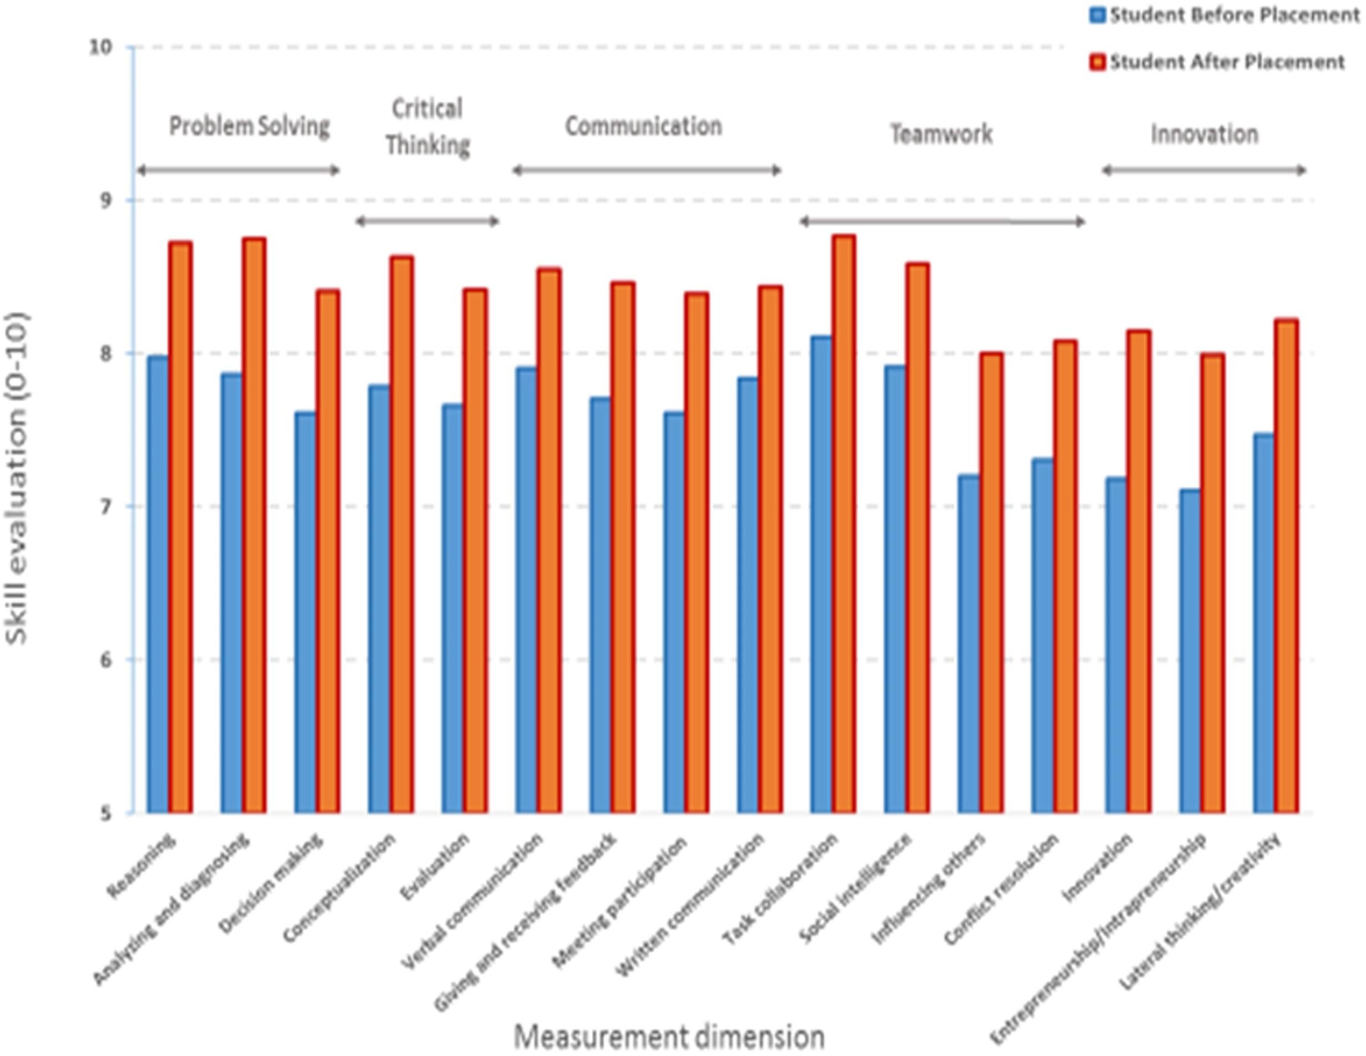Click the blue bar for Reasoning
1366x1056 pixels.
[158, 584]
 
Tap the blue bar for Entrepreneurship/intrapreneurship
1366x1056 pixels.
[1189, 651]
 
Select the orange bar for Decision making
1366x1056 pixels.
[327, 552]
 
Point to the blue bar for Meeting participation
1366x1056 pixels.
[674, 613]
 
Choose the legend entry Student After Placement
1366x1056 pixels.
[1226, 62]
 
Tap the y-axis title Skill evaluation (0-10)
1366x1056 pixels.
[18, 478]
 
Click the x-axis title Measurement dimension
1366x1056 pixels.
[669, 1036]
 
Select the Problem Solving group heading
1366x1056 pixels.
[249, 127]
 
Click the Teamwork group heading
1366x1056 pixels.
[941, 134]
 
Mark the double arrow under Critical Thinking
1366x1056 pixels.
[427, 221]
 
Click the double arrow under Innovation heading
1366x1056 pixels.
[1203, 170]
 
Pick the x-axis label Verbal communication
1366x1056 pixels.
[472, 900]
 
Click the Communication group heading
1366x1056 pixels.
[644, 127]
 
